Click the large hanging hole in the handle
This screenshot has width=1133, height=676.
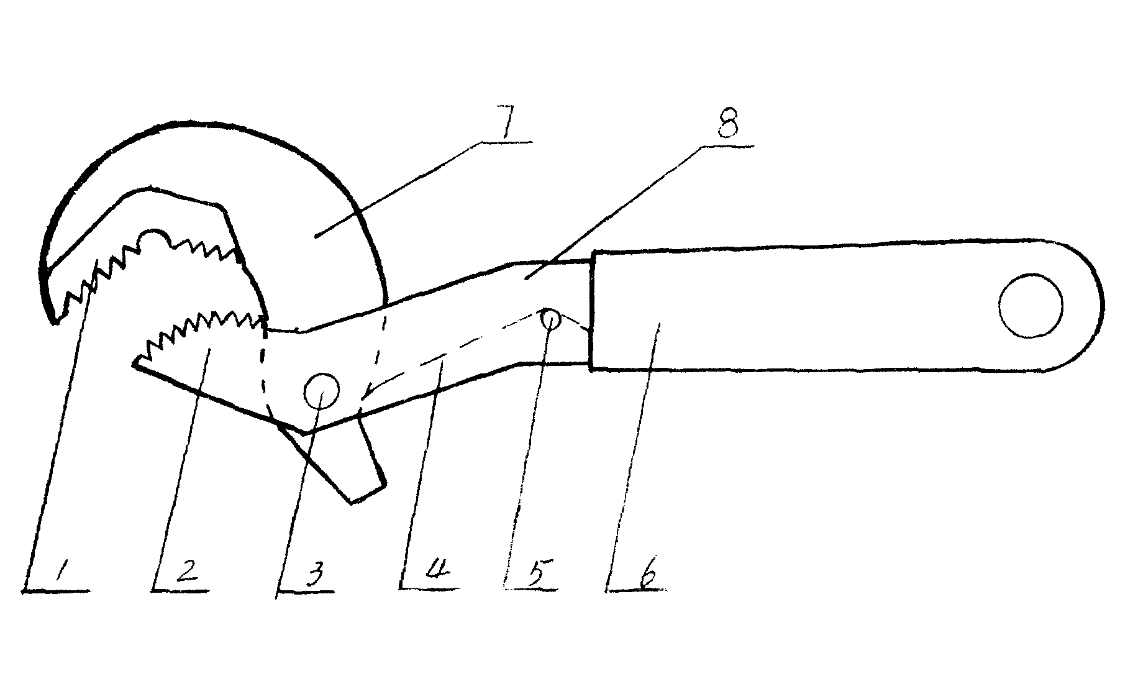tap(1031, 306)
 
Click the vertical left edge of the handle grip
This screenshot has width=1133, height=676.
tap(592, 310)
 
